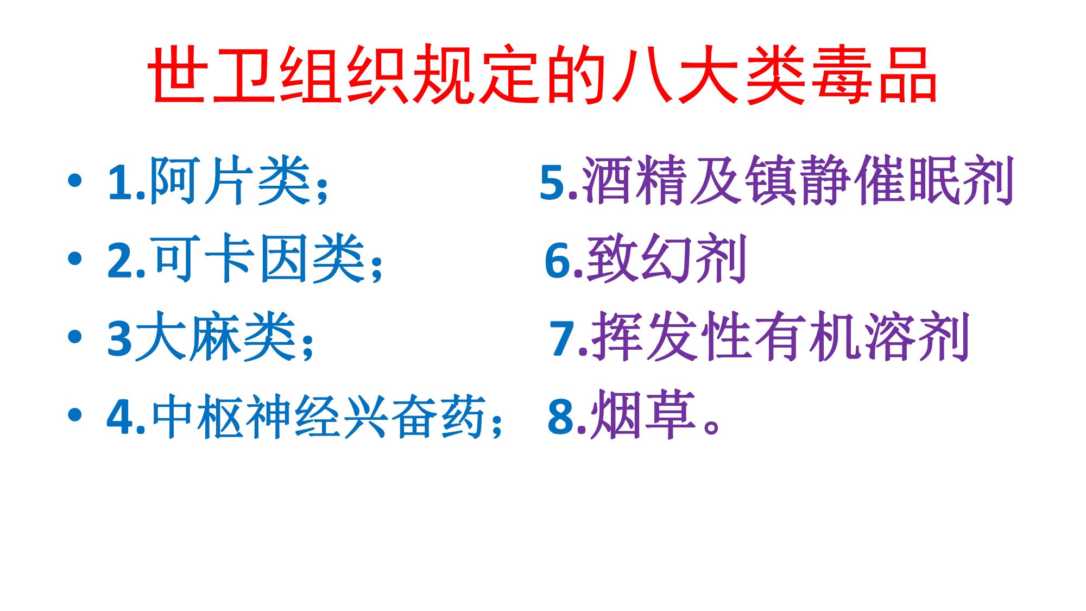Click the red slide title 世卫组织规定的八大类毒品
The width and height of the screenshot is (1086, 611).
[543, 75]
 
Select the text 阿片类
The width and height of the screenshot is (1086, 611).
[230, 181]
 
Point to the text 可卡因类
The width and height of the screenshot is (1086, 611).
[259, 259]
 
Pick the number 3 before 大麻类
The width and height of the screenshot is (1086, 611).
[120, 338]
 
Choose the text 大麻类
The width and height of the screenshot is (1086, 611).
[216, 336]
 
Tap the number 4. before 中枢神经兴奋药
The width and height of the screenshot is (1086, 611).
[127, 416]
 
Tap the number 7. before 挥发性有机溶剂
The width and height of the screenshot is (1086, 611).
[569, 338]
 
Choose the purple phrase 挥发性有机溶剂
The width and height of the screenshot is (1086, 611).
[781, 336]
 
